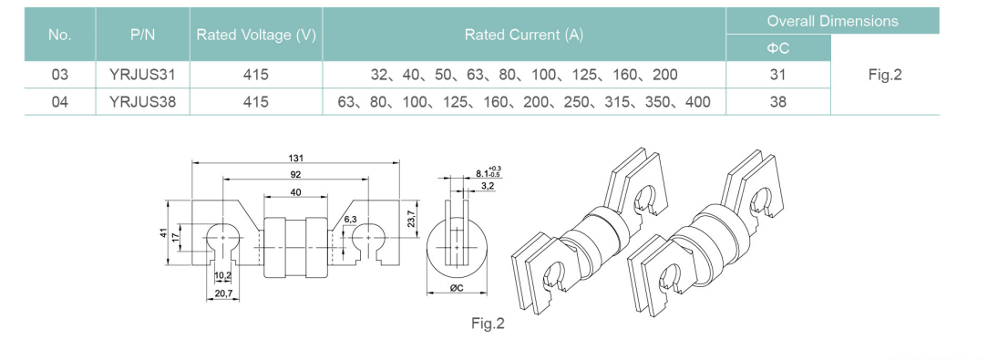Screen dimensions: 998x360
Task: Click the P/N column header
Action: coord(142,35)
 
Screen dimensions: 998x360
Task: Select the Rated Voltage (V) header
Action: coord(256,35)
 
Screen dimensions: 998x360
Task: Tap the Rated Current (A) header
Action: coord(524,35)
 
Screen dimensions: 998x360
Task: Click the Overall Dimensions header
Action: coord(832,21)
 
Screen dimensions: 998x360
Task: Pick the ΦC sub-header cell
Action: coord(778,48)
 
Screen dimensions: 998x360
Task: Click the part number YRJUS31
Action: coord(142,75)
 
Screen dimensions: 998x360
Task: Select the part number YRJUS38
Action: coord(142,102)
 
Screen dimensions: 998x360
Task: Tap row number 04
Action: coord(60,102)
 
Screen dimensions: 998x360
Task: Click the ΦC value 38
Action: coord(778,102)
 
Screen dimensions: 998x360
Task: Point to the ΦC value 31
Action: coord(778,75)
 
